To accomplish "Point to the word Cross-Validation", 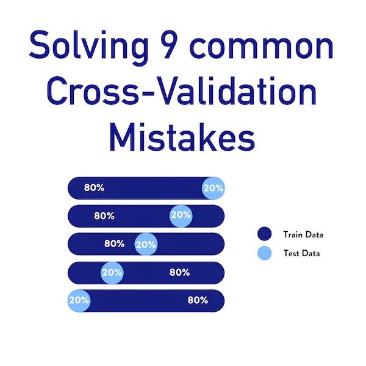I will click(x=182, y=93).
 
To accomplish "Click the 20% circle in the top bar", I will click(x=213, y=188).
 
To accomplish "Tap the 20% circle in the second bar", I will click(x=181, y=215).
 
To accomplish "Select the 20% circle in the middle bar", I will click(x=146, y=244).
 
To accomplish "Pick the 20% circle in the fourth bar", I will click(x=112, y=273).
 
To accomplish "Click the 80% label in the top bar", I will click(x=94, y=188).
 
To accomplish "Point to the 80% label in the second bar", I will click(x=104, y=215).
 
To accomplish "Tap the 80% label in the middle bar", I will click(x=114, y=243).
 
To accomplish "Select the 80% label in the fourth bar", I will click(x=179, y=273).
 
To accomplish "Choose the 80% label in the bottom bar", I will click(x=198, y=300).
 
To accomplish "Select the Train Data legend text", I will click(x=303, y=234).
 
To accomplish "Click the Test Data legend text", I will click(x=301, y=253).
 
